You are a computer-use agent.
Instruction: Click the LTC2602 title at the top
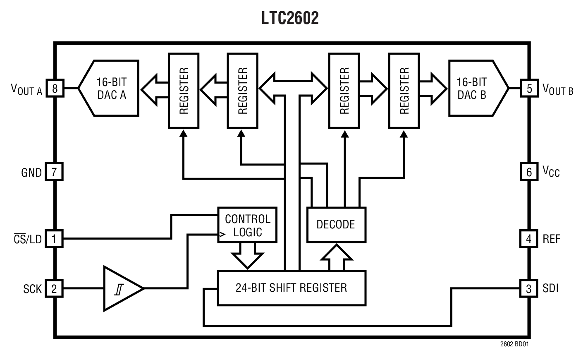[x=290, y=18]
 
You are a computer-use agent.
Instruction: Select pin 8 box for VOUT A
[x=54, y=88]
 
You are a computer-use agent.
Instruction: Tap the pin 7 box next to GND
[x=54, y=172]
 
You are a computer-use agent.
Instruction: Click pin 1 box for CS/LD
[x=54, y=239]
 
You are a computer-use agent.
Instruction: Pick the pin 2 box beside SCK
[x=54, y=288]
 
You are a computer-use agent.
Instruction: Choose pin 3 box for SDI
[x=529, y=288]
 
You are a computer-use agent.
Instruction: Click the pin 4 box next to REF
[x=529, y=239]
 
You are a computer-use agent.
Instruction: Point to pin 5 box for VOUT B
[x=529, y=88]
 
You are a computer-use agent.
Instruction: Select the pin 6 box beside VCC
[x=529, y=172]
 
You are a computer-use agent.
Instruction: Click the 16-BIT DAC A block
[x=110, y=88]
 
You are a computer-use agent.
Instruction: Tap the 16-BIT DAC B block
[x=476, y=88]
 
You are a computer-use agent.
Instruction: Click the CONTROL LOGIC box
[x=247, y=225]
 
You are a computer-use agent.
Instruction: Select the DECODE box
[x=336, y=225]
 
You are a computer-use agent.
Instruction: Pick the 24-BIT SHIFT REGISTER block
[x=292, y=288]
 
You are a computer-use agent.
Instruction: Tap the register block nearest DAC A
[x=184, y=90]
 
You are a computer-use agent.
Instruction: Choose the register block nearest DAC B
[x=404, y=90]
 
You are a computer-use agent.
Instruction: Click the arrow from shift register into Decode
[x=337, y=257]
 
